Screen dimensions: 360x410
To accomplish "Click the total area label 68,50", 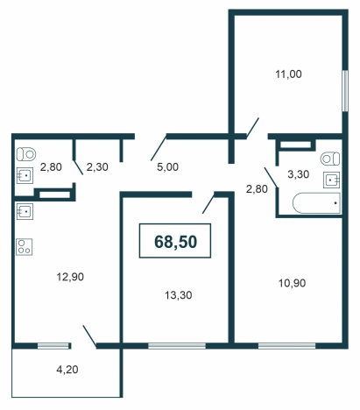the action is (x=175, y=242).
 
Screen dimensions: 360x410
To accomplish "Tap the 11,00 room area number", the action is (x=288, y=74).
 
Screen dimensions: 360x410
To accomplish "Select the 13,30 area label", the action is (x=179, y=295).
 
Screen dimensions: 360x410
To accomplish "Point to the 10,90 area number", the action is (x=293, y=283).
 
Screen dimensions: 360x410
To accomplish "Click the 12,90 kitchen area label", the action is (x=70, y=277).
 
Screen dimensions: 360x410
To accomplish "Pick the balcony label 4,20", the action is (x=67, y=370).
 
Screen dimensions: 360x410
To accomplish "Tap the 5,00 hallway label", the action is (x=167, y=167).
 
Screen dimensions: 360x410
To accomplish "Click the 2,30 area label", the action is (x=97, y=167).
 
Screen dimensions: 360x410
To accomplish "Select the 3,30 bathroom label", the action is (x=299, y=174).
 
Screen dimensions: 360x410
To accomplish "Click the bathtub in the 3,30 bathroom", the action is (x=316, y=203).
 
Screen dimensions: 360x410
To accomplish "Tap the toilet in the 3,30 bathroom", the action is (x=330, y=159).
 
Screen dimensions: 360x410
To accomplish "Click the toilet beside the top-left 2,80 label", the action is (x=26, y=154).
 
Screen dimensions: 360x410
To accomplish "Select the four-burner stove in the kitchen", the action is (x=25, y=247).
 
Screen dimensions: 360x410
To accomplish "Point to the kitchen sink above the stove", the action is (x=25, y=211).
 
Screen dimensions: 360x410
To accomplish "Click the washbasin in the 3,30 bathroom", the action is (x=331, y=180).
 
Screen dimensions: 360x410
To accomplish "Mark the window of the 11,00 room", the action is (x=345, y=90).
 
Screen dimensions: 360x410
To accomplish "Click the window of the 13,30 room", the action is (x=177, y=346).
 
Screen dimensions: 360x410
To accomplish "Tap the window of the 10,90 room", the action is (x=286, y=346).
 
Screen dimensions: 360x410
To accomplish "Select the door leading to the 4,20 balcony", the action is (x=90, y=336).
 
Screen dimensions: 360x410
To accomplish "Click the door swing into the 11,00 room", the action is (x=252, y=128).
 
